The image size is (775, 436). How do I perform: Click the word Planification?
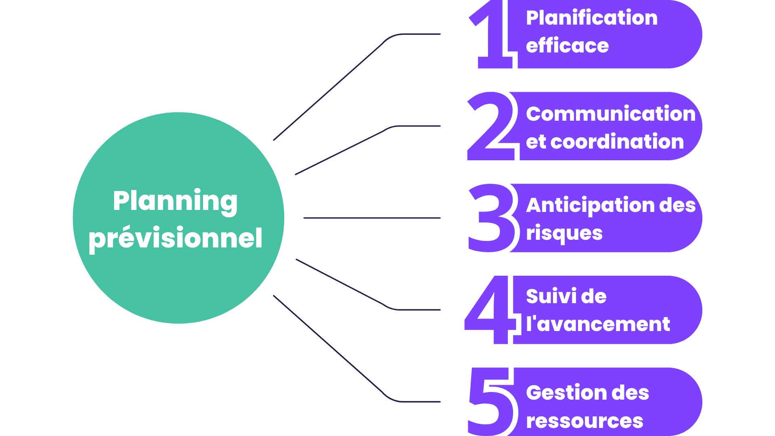592,18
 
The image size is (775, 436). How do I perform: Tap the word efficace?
567,46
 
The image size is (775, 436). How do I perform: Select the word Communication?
611,114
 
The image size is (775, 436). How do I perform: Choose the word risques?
564,233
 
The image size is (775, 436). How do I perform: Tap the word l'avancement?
598,324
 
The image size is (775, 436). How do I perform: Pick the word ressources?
584,421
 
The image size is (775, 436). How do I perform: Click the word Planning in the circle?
175,201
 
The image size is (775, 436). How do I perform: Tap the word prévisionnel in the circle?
176,238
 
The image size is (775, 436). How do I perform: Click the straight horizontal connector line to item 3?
371,218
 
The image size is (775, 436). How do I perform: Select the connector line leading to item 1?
329,91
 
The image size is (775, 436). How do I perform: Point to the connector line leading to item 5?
329,345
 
